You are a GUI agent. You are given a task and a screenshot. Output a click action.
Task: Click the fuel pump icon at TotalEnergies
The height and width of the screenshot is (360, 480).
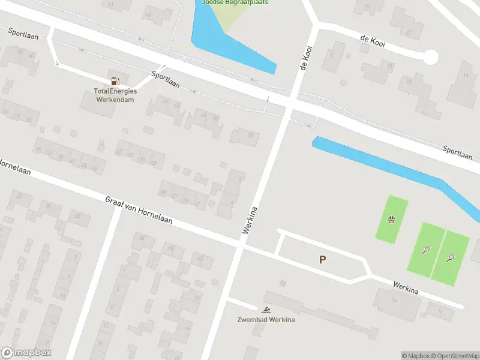[114, 80]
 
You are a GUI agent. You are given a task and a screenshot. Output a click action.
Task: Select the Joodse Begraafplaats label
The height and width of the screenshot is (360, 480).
[235, 2]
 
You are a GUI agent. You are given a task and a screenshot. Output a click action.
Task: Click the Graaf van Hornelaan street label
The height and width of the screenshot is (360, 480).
[139, 210]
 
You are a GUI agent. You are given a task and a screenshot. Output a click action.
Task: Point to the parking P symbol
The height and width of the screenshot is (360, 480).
[322, 259]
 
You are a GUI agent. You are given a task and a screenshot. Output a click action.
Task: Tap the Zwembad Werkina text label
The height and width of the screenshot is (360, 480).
[265, 319]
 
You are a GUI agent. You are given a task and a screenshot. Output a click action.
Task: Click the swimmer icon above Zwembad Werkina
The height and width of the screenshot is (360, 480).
[265, 310]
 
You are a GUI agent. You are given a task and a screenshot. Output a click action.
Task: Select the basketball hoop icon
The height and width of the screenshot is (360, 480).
[391, 219]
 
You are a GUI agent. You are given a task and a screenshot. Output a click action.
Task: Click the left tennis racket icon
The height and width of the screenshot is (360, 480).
[426, 249]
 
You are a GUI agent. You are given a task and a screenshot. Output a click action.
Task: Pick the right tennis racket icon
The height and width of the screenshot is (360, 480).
[450, 258]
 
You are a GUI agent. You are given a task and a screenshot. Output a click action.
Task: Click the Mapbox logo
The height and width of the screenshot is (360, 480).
[26, 353]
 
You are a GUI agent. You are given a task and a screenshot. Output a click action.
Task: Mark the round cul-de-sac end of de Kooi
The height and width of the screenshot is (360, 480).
[430, 58]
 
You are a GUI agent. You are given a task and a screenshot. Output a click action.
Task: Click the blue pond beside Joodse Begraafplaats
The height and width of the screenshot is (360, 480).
[228, 42]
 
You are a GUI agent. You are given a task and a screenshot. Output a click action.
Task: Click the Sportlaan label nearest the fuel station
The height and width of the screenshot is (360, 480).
[165, 80]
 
